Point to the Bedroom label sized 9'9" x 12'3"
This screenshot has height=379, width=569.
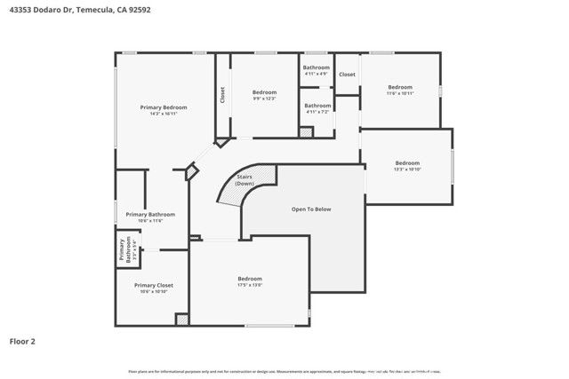[264, 92]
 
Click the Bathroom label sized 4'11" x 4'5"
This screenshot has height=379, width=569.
[317, 68]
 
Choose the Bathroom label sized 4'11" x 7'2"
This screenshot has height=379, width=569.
[317, 106]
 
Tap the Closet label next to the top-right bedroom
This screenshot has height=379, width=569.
[347, 75]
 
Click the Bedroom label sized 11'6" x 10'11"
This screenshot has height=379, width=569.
[400, 87]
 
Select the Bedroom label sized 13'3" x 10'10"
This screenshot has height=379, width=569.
[407, 163]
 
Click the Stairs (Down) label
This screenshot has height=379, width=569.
[245, 180]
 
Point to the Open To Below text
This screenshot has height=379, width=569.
[311, 209]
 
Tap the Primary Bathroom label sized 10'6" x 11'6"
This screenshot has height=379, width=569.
[150, 215]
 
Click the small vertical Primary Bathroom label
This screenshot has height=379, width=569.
[125, 250]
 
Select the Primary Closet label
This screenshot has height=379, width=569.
[151, 286]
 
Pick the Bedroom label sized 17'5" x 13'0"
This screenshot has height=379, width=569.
[250, 280]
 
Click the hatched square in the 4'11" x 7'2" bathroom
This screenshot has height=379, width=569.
[306, 132]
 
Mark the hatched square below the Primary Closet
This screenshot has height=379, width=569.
[181, 320]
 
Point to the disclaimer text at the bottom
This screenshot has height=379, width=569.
[284, 371]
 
